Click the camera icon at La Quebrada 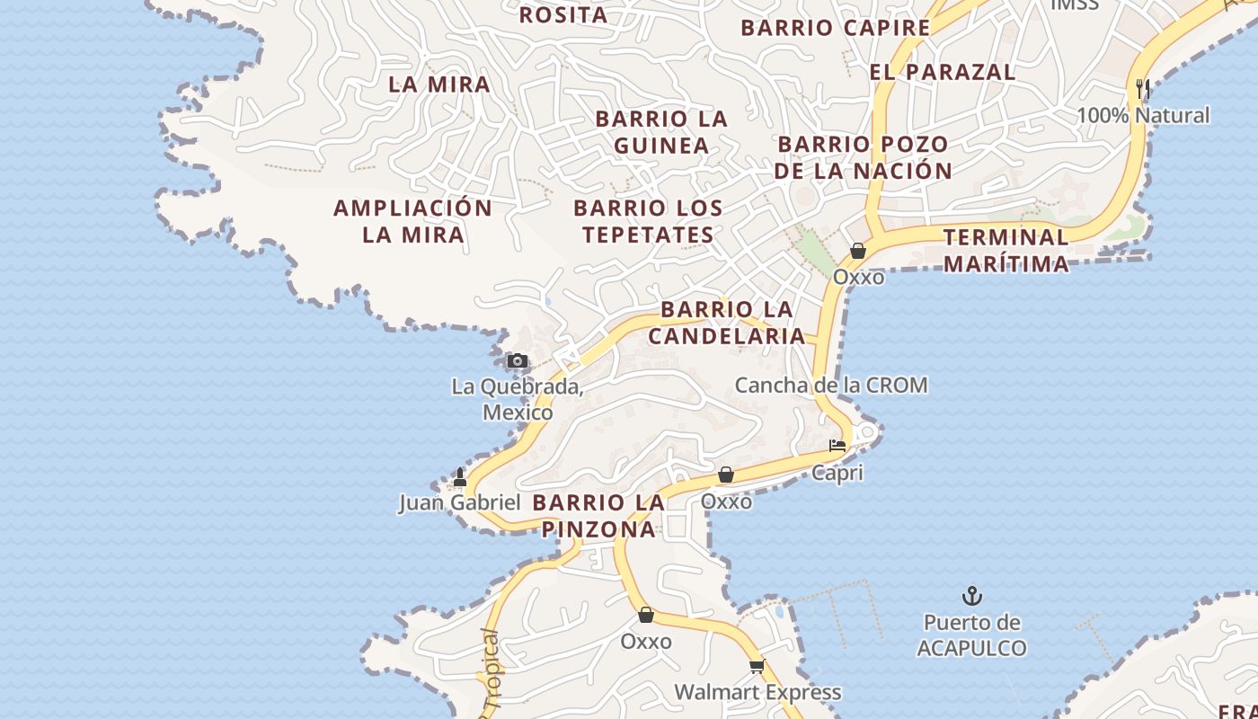[x=517, y=361]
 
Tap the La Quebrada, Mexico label [x=518, y=400]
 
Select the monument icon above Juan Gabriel [x=460, y=476]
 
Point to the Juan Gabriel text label [x=460, y=502]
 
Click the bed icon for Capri [x=837, y=446]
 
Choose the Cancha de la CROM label [x=831, y=386]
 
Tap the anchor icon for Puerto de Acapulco [x=971, y=596]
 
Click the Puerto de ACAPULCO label [x=971, y=635]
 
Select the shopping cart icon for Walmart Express [x=757, y=666]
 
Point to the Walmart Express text [x=757, y=692]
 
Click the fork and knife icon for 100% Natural [x=1143, y=89]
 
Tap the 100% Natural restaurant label [x=1143, y=115]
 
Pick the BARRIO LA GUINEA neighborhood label [x=661, y=132]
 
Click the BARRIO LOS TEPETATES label [x=648, y=221]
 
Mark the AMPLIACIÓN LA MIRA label [x=413, y=221]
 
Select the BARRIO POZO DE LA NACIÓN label [x=863, y=157]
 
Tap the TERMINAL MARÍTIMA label [x=1006, y=250]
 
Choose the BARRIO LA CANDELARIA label [x=727, y=323]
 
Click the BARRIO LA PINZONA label [x=598, y=516]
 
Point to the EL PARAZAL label [x=943, y=72]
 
